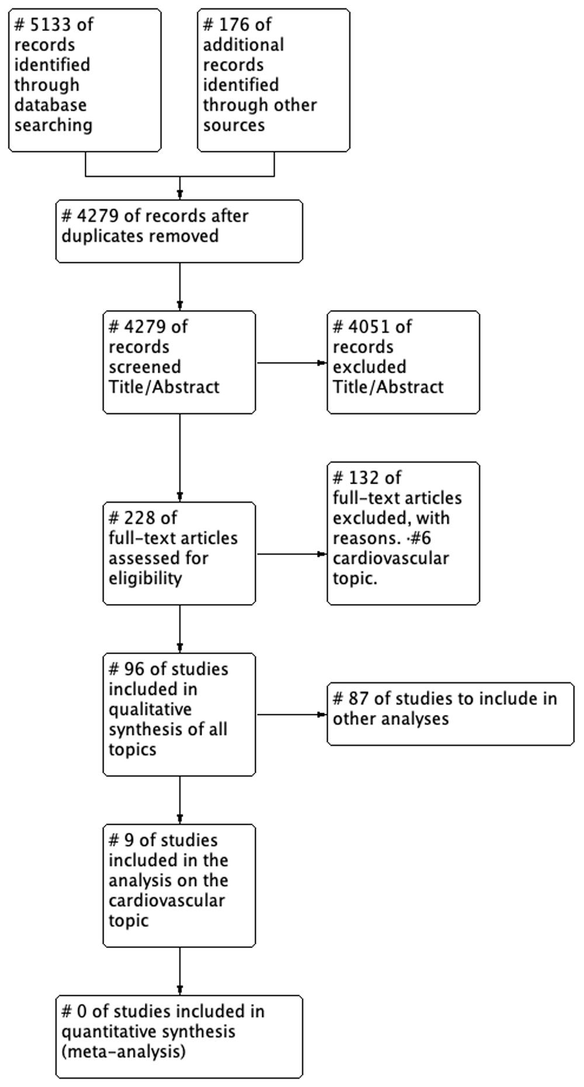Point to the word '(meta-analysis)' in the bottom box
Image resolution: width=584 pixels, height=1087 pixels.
click(123, 1051)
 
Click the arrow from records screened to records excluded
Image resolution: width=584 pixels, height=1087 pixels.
click(291, 363)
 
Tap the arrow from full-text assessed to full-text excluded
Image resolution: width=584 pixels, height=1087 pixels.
click(291, 554)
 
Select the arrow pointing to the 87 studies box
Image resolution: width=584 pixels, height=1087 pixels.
click(291, 714)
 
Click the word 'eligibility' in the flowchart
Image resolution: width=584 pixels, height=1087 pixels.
click(145, 578)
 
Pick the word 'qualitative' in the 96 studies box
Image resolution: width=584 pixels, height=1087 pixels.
click(150, 710)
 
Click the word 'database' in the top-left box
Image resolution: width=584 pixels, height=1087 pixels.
click(50, 105)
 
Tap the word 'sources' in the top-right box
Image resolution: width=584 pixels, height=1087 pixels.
click(234, 126)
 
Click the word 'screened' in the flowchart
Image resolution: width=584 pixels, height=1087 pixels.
click(145, 367)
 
